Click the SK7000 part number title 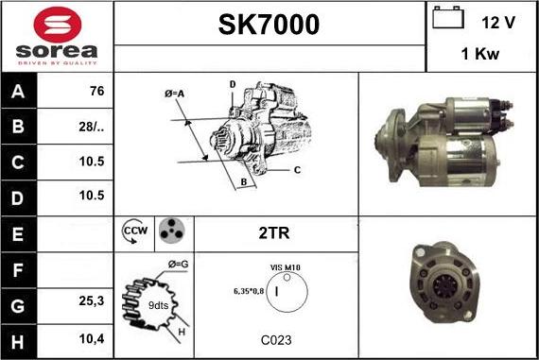(x=269, y=24)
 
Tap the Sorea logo (x=57, y=36)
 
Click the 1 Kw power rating (x=480, y=55)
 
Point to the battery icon (x=447, y=20)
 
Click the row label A (x=18, y=93)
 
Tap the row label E (x=18, y=231)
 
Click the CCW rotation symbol (x=135, y=231)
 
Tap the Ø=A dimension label (x=175, y=93)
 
